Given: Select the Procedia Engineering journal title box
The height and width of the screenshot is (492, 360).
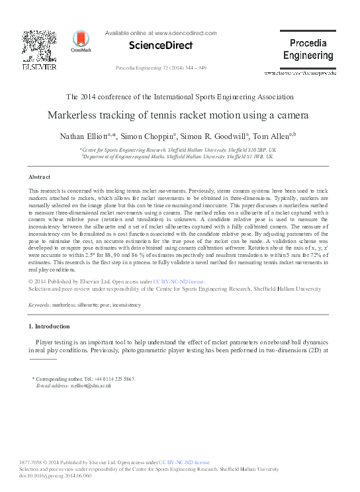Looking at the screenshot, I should click(x=308, y=49).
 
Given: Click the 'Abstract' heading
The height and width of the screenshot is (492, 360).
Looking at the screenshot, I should click(x=40, y=178).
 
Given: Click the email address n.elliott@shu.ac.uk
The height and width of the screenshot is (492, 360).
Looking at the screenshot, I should click(x=81, y=385).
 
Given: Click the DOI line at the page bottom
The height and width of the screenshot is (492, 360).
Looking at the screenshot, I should click(x=46, y=476).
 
